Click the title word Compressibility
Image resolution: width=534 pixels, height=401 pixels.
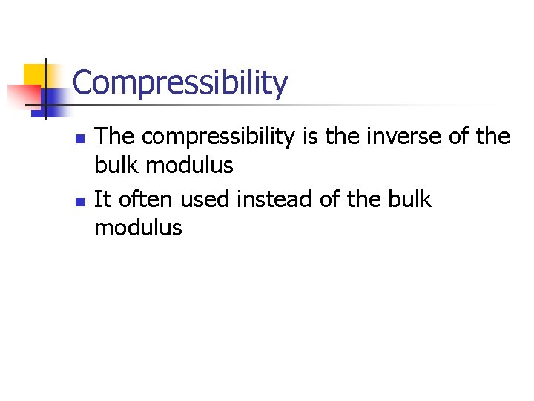coord(180,83)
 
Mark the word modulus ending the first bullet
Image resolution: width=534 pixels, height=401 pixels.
coord(189,165)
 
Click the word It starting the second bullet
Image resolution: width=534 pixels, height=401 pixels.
coord(102,199)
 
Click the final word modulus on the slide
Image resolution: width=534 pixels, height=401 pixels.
coord(138,227)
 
